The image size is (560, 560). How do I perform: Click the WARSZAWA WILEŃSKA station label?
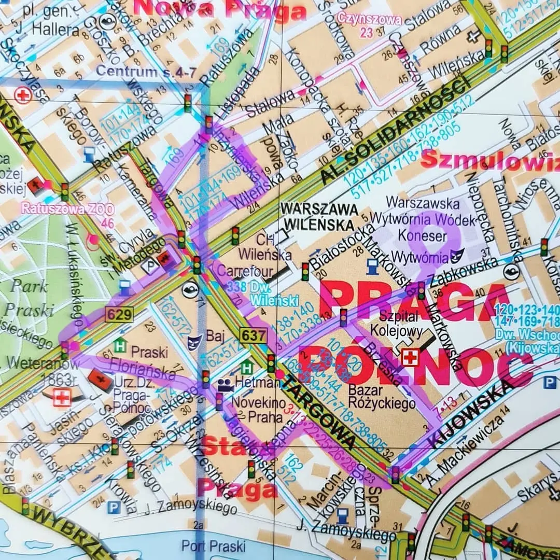pyautogui.click(x=318, y=216)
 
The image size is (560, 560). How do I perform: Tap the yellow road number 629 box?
pyautogui.click(x=120, y=314)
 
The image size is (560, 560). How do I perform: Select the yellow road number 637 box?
pyautogui.click(x=254, y=335)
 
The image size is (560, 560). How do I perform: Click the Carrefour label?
pyautogui.click(x=237, y=270)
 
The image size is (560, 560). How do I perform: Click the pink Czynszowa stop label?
pyautogui.click(x=369, y=20)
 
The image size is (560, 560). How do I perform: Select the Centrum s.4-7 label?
pyautogui.click(x=146, y=72)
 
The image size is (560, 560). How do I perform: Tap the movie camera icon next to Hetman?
pyautogui.click(x=225, y=385)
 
